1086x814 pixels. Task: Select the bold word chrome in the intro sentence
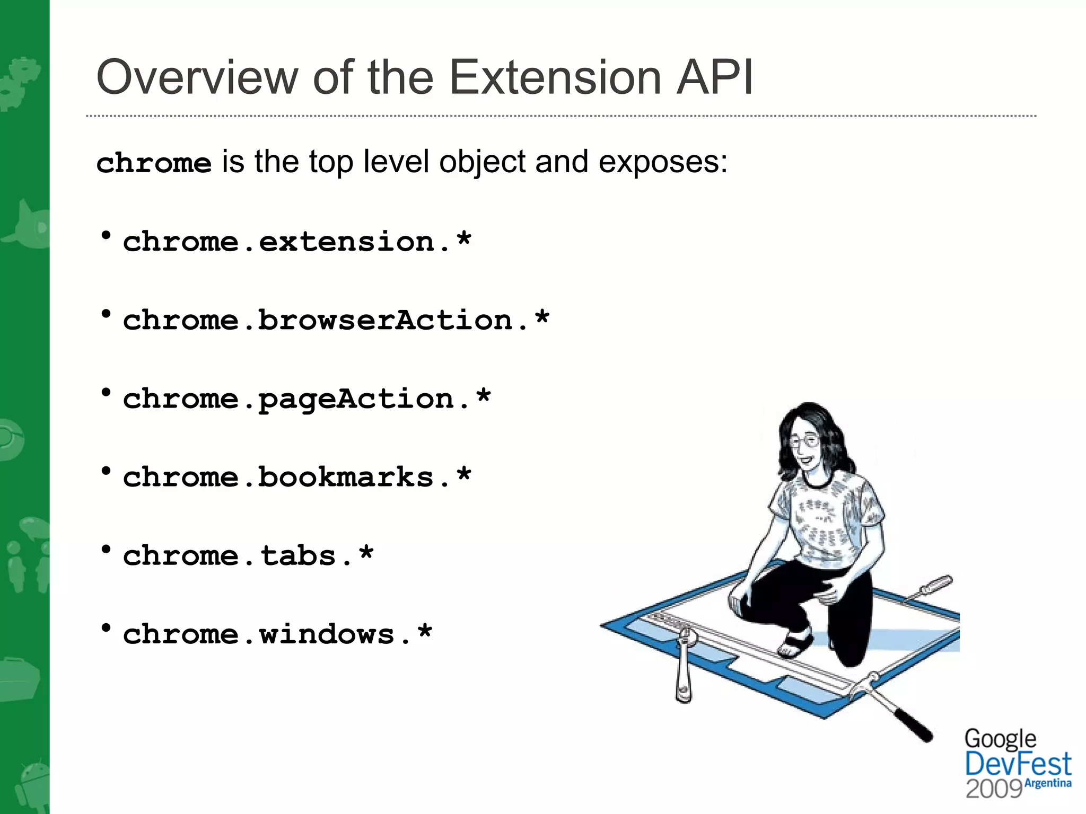tap(154, 163)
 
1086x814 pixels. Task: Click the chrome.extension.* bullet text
tap(297, 242)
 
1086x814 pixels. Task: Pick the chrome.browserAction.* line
tap(336, 321)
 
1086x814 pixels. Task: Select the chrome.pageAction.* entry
tap(306, 399)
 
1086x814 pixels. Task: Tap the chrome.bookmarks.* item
tap(297, 477)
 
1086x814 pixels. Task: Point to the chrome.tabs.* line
tap(248, 556)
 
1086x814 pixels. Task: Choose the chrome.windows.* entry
tap(277, 634)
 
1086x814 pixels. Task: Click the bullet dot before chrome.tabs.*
tap(106, 550)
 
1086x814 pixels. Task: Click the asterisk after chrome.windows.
tap(425, 632)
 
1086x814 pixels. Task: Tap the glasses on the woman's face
tap(804, 440)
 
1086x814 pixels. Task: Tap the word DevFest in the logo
tap(1018, 764)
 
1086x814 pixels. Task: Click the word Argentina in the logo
tap(1048, 783)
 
